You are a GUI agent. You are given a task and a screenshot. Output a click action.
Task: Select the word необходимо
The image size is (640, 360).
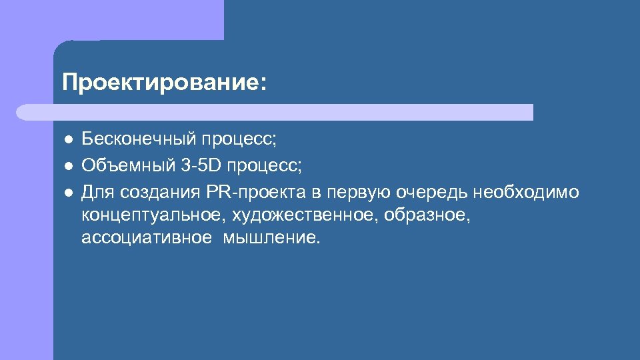pos(527,193)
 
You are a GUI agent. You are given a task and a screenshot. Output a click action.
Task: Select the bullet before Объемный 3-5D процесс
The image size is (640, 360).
pos(69,166)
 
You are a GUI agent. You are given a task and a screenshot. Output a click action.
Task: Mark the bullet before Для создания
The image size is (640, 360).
pos(69,193)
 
